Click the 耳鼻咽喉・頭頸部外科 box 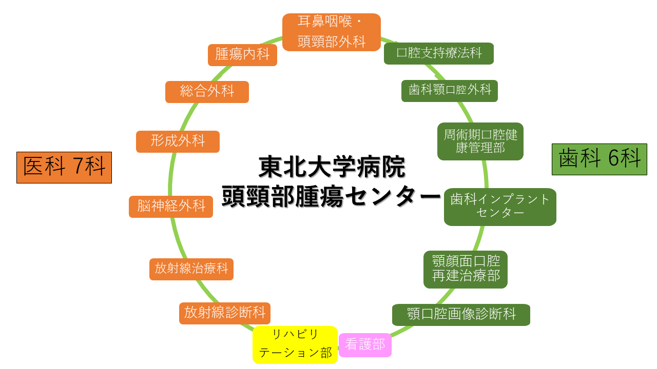click(x=332, y=32)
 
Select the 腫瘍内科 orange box click(x=242, y=55)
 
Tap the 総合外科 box click(x=207, y=92)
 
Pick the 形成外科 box click(x=178, y=141)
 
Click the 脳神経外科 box click(x=171, y=207)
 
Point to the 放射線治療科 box click(x=191, y=269)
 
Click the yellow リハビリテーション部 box click(x=295, y=344)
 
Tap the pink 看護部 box click(x=365, y=345)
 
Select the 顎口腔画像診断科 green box click(x=461, y=315)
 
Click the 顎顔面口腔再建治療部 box click(x=466, y=269)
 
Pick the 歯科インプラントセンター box click(x=500, y=207)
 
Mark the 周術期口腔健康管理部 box click(x=480, y=141)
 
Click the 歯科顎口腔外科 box click(x=450, y=91)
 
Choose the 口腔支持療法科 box click(x=439, y=53)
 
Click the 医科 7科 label click(x=64, y=167)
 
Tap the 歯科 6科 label click(x=600, y=159)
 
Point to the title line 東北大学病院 click(x=332, y=167)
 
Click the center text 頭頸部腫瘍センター click(x=332, y=196)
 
